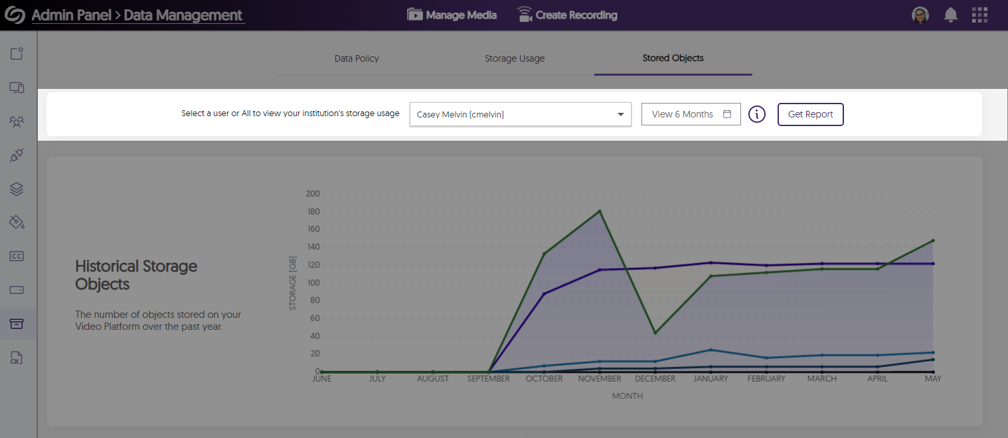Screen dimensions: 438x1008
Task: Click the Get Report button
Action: pos(810,114)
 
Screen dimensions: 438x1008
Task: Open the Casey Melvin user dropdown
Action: pos(520,114)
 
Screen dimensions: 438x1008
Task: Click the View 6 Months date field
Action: pos(691,114)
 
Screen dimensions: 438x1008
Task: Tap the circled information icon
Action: pos(757,114)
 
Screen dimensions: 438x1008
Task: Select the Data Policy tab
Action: pos(357,58)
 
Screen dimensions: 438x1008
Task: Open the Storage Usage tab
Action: pos(515,58)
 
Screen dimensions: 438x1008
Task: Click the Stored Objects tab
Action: pos(673,58)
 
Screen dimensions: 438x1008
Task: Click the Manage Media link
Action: pos(452,15)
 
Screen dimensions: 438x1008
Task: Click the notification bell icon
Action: pos(950,15)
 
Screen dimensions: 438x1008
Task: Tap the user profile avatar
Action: pos(920,15)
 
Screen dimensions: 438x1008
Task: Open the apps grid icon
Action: pos(979,15)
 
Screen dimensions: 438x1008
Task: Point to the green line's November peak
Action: pos(600,211)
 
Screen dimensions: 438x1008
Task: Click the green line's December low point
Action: pos(655,332)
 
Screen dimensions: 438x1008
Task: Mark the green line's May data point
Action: pos(933,240)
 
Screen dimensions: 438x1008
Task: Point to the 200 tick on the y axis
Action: pos(312,194)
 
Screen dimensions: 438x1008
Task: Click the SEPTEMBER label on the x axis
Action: pos(488,379)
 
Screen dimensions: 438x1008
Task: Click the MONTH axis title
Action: pos(627,396)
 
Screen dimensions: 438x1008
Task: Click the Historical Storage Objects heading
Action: pos(136,275)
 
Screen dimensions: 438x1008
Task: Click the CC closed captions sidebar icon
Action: pos(17,256)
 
